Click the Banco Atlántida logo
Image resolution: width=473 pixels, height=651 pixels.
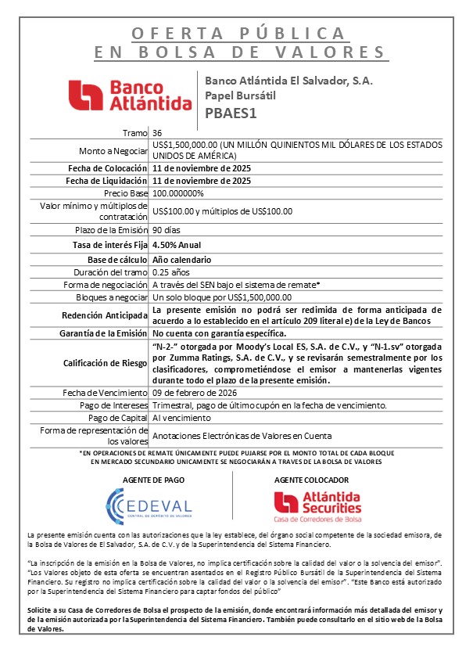coord(130,95)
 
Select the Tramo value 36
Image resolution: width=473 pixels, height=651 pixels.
coord(158,133)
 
